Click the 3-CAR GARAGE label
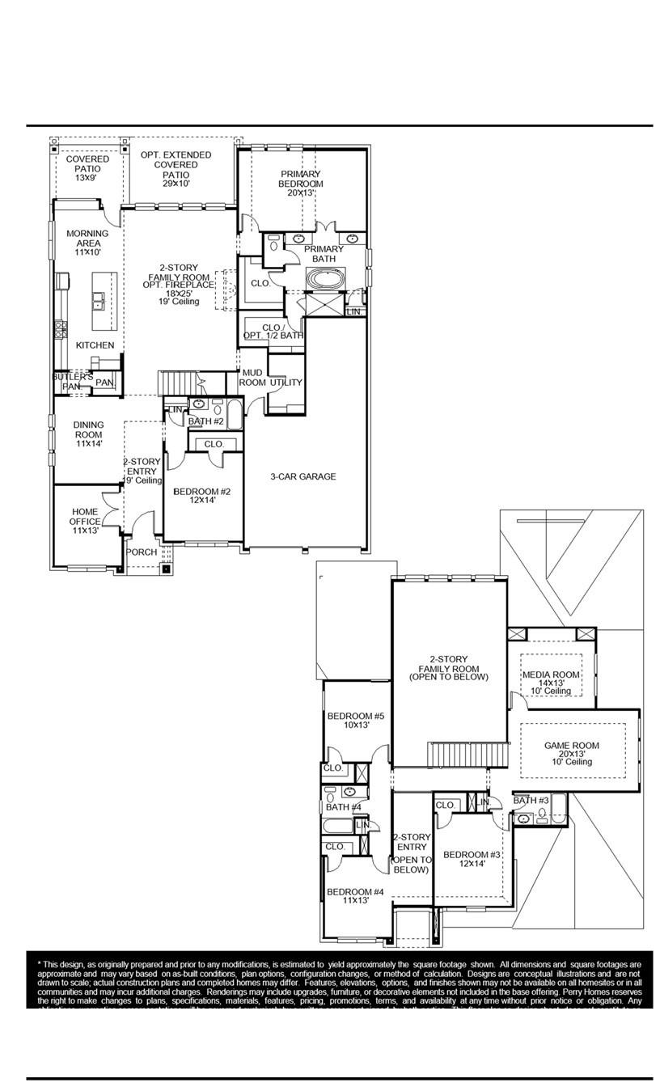point(302,477)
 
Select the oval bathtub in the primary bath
point(325,280)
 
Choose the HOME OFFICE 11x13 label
point(85,521)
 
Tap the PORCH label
point(142,552)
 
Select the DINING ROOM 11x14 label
point(88,434)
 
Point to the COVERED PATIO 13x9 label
point(87,168)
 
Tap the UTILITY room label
point(286,383)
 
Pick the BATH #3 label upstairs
point(531,801)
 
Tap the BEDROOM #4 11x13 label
point(355,897)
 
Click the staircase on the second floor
point(467,755)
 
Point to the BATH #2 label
point(205,421)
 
